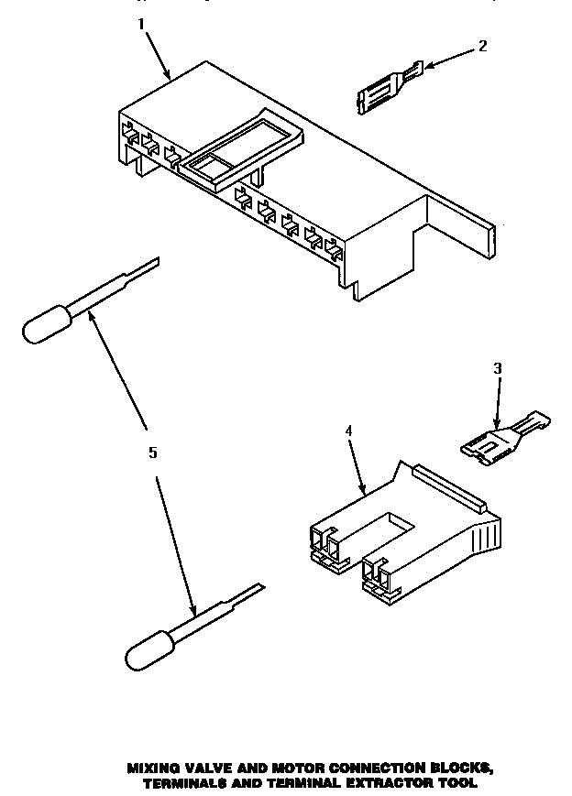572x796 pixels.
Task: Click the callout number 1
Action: click(x=141, y=26)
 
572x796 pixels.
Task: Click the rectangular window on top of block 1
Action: click(x=239, y=146)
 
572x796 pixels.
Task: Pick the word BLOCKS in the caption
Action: click(x=469, y=741)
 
